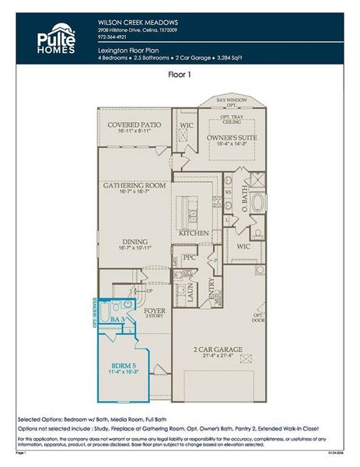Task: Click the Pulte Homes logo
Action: coord(56,38)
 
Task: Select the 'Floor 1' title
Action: coord(180,75)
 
